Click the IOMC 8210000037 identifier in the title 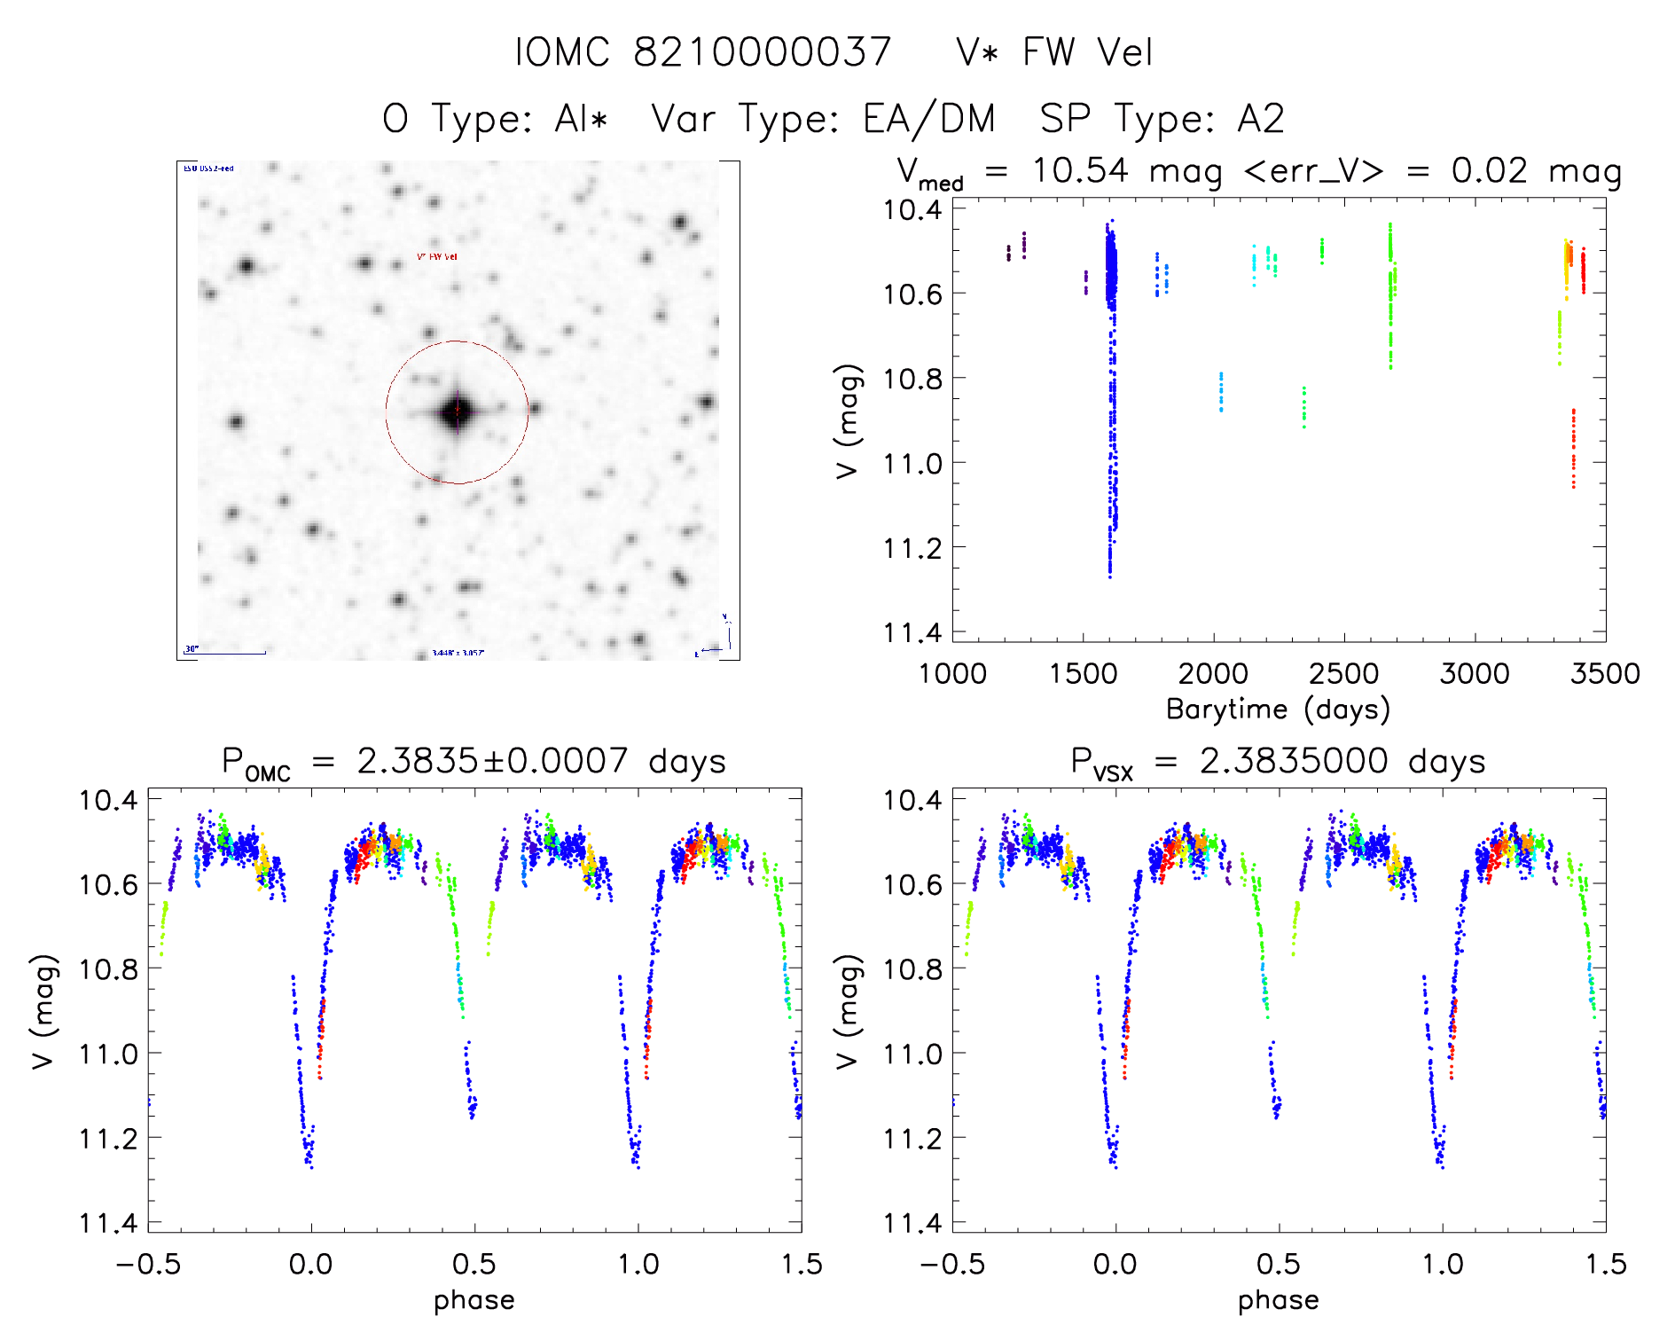[702, 52]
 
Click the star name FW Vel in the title [1087, 52]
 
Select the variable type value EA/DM [928, 119]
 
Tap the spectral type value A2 [1260, 119]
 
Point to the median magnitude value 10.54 [1079, 170]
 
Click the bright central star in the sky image [457, 412]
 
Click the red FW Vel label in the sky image [437, 257]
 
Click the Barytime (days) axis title [1278, 710]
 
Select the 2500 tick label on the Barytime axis [1343, 674]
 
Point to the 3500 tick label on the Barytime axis [1604, 674]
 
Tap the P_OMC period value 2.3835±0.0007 [492, 761]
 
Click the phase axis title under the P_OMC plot [474, 1300]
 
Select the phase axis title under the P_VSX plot [1278, 1300]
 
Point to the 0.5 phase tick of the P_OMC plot [474, 1265]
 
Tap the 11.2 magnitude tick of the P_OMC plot [108, 1139]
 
